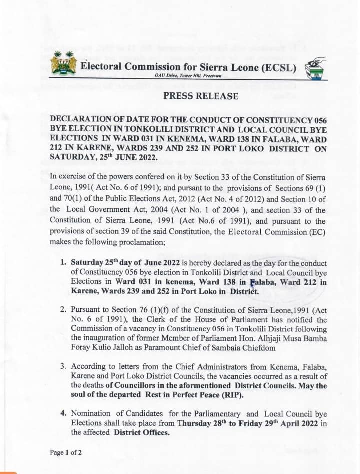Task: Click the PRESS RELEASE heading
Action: pos(201,96)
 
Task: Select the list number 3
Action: pos(63,366)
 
